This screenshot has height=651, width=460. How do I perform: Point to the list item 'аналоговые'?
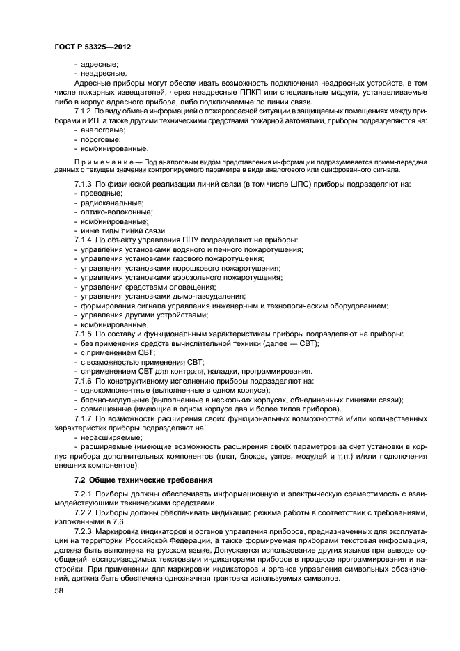click(105, 130)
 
